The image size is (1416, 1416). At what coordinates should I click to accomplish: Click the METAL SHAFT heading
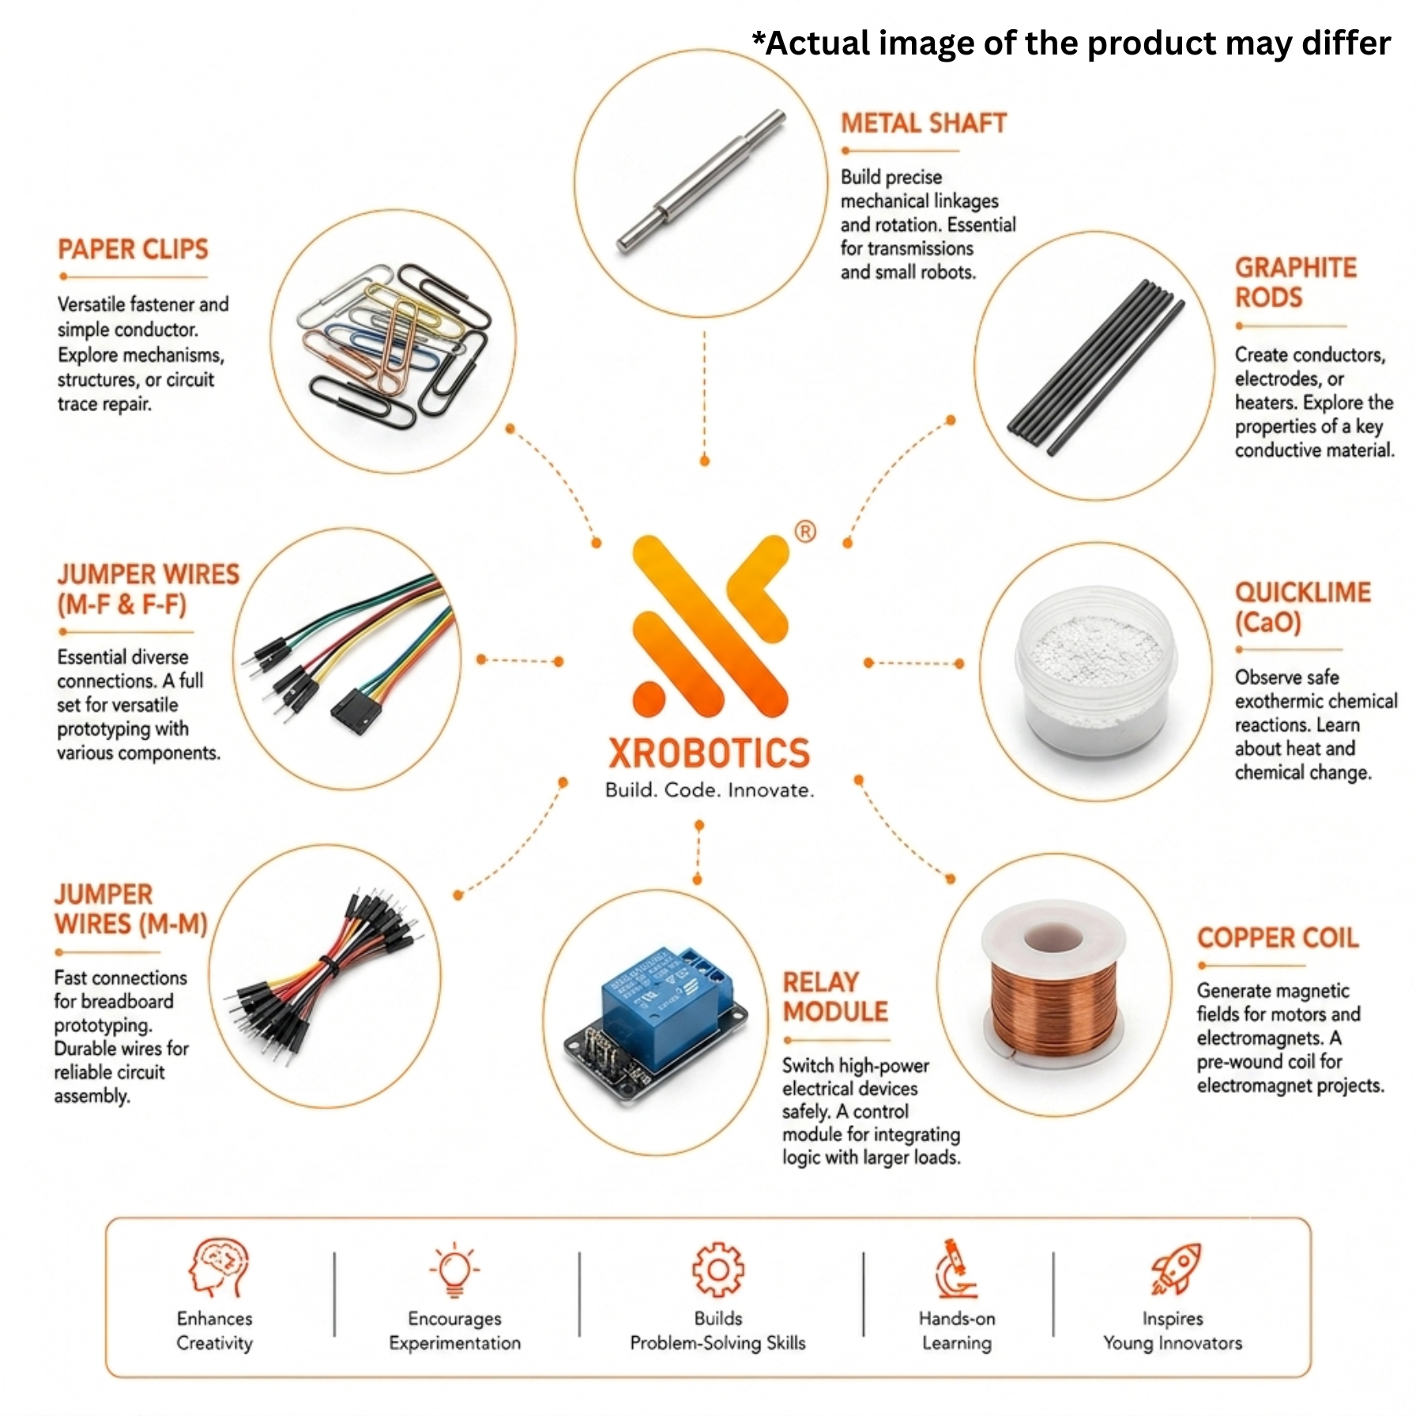923,123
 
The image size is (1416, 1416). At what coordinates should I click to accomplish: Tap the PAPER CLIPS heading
133,250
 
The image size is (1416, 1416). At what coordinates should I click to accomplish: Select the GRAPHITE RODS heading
1296,283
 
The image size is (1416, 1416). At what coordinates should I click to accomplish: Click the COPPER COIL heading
1278,938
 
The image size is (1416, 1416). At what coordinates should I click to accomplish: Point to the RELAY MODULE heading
835,996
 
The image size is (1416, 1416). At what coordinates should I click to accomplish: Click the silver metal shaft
701,181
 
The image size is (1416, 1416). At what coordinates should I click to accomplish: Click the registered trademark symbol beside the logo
805,531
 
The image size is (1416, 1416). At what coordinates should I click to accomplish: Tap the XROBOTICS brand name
709,753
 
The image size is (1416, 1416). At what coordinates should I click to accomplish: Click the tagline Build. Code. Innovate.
710,790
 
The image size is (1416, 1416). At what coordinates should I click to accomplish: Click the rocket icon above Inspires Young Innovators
1176,1268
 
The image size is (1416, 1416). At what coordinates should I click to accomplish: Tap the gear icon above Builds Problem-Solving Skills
717,1270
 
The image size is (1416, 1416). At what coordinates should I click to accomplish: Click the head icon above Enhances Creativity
218,1267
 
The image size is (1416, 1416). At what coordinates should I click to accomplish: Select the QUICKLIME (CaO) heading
1302,607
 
